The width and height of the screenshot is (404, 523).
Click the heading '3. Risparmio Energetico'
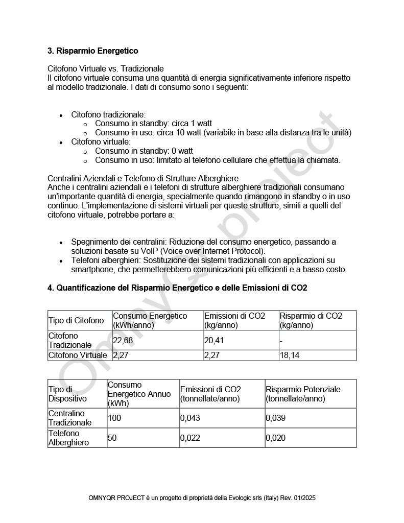[x=92, y=51]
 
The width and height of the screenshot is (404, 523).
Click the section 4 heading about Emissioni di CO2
[x=177, y=288]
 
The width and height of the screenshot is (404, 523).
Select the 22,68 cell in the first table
[x=121, y=340]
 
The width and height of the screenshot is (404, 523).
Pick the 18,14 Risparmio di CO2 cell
[x=290, y=355]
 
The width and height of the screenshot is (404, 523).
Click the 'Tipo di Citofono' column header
[x=76, y=320]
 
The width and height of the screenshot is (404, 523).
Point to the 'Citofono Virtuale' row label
[x=78, y=355]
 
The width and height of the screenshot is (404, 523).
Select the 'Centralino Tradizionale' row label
[x=70, y=418]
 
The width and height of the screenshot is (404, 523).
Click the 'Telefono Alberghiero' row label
[x=68, y=438]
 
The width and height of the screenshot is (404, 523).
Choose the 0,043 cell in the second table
[x=190, y=418]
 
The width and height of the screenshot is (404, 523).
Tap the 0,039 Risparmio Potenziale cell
[x=276, y=418]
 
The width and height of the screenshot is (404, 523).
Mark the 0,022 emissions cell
[x=190, y=438]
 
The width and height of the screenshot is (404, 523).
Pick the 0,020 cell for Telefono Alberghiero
[x=276, y=438]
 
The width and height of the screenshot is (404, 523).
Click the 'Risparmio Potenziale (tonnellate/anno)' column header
[x=303, y=394]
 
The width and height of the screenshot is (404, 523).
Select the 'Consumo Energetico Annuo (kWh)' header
[x=139, y=394]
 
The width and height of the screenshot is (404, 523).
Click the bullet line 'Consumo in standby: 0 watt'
[x=144, y=151]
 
